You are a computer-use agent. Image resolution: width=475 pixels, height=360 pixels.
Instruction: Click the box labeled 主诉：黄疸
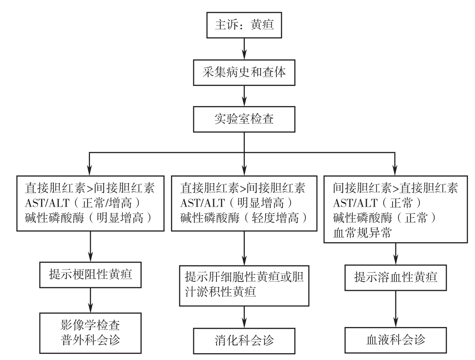pyautogui.click(x=244, y=25)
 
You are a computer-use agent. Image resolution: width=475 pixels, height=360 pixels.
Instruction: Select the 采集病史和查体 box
pyautogui.click(x=244, y=73)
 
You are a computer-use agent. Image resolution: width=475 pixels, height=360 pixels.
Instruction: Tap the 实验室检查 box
pyautogui.click(x=244, y=119)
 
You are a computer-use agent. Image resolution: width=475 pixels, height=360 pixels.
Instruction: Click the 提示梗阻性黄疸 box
pyautogui.click(x=90, y=275)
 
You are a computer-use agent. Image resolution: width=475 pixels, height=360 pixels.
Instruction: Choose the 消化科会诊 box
pyautogui.click(x=244, y=341)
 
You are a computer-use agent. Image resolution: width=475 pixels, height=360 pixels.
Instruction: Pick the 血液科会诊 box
pyautogui.click(x=395, y=340)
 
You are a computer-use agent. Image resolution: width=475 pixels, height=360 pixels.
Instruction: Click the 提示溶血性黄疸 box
pyautogui.click(x=395, y=278)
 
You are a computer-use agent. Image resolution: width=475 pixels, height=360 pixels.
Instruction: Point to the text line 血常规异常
pyautogui.click(x=362, y=233)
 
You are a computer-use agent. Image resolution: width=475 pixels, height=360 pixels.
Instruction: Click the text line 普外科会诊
pyautogui.click(x=90, y=340)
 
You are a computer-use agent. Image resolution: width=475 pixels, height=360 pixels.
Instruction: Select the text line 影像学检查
pyautogui.click(x=90, y=325)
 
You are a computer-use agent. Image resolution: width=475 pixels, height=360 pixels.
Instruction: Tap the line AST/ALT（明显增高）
pyautogui.click(x=236, y=203)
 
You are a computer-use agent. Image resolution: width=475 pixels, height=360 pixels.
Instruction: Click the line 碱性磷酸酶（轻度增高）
pyautogui.click(x=244, y=218)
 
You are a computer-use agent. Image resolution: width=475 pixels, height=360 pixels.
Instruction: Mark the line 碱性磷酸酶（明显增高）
pyautogui.click(x=88, y=218)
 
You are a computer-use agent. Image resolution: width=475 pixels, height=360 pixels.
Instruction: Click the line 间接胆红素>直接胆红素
pyautogui.click(x=395, y=188)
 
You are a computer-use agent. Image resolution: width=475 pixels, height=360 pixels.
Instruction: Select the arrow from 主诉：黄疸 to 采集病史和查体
pyautogui.click(x=244, y=49)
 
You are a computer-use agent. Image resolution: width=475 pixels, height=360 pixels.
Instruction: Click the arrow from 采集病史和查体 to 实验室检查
pyautogui.click(x=244, y=96)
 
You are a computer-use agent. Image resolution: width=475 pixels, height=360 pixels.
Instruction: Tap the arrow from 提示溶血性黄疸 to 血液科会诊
pyautogui.click(x=395, y=309)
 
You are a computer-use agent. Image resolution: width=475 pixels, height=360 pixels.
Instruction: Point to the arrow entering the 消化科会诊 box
pyautogui.click(x=244, y=317)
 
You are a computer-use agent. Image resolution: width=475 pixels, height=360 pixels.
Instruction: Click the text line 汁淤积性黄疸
pyautogui.click(x=220, y=292)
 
